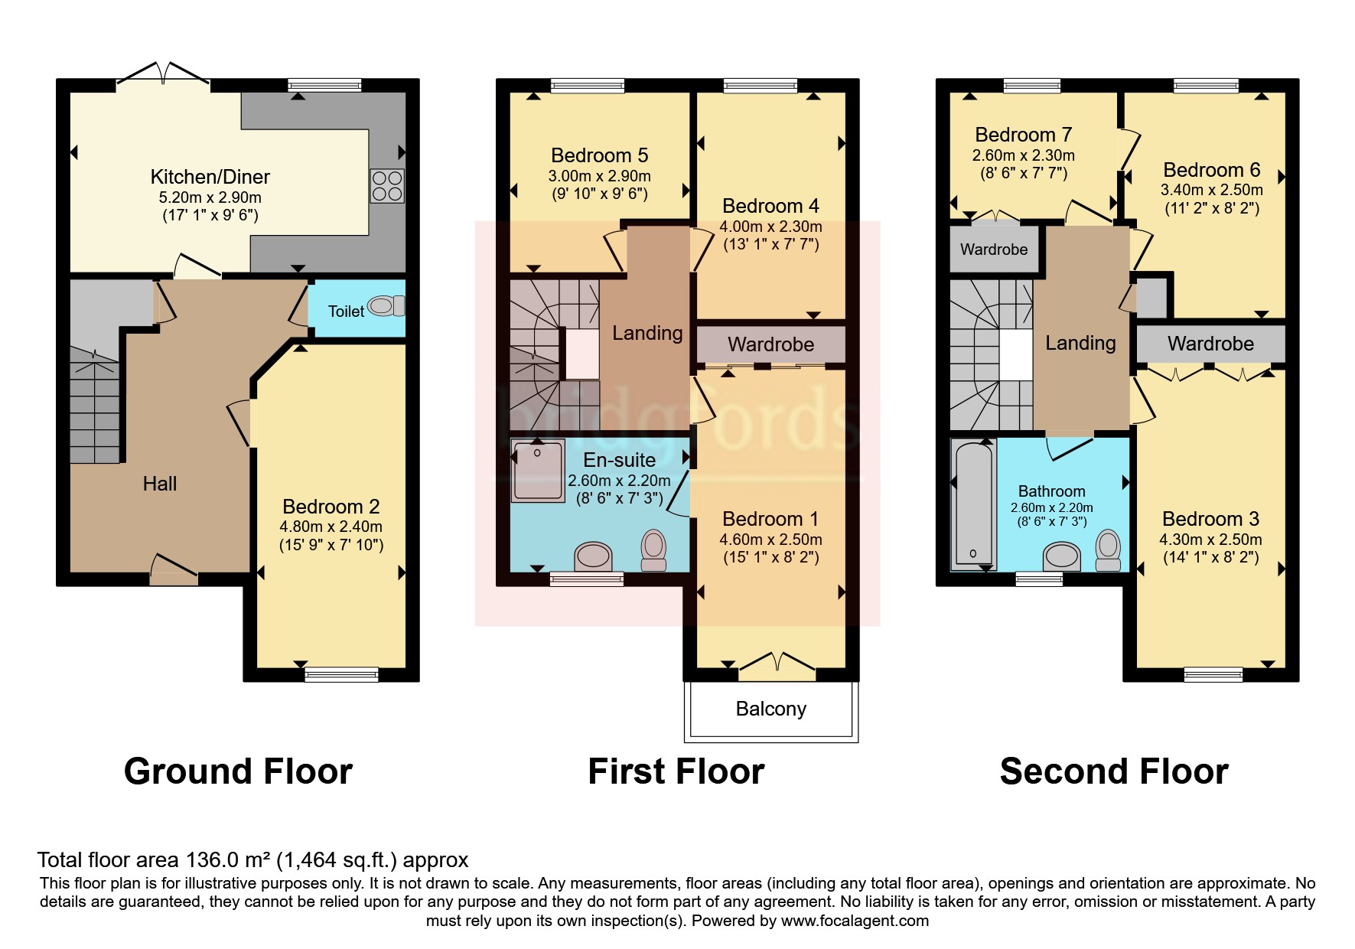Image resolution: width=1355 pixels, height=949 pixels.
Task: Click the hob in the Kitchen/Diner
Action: click(x=387, y=185)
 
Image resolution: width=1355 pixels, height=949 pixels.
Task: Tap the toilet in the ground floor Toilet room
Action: click(x=386, y=306)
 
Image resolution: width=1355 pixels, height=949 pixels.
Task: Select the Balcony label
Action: click(x=771, y=709)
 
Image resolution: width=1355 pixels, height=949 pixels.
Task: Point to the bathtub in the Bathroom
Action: click(x=974, y=506)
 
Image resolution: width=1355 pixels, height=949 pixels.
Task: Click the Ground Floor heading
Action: click(x=238, y=771)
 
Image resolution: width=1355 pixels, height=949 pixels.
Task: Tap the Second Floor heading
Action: click(x=1114, y=771)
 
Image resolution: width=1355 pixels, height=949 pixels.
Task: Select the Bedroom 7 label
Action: click(x=1024, y=135)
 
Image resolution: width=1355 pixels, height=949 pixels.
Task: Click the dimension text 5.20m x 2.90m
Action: click(x=210, y=197)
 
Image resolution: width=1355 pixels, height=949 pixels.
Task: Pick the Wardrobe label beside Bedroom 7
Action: click(x=994, y=249)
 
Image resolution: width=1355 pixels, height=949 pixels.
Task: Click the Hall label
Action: click(x=159, y=484)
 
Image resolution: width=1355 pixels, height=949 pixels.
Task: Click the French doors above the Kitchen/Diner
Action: click(x=163, y=73)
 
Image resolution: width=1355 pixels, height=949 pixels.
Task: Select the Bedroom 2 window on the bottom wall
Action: click(x=341, y=674)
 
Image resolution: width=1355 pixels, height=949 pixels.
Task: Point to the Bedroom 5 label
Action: click(x=600, y=155)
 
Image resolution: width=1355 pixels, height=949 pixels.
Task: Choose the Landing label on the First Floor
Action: click(x=647, y=333)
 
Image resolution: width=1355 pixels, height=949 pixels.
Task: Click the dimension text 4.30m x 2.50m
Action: click(x=1210, y=540)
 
